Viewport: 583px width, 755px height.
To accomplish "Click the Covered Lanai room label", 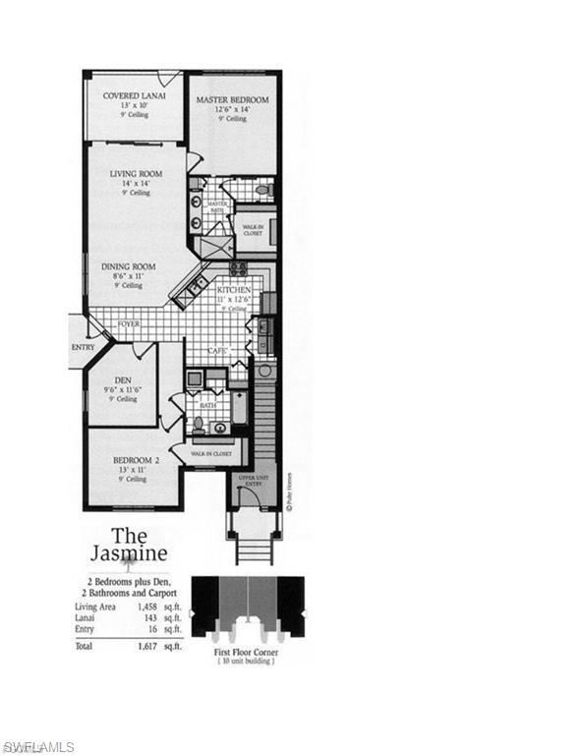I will (x=134, y=95).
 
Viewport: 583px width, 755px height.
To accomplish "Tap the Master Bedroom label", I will (x=232, y=100).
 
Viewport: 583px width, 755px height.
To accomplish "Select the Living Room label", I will (x=136, y=174).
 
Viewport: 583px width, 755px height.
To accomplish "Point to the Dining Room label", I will (x=130, y=265).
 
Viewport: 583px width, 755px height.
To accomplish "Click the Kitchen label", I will (x=234, y=292).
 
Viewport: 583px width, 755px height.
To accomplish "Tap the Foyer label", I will (x=129, y=323).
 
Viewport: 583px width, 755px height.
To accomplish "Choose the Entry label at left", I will (x=83, y=347).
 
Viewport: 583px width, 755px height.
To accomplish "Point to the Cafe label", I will (x=218, y=351).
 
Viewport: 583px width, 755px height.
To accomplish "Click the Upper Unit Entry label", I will (x=251, y=481).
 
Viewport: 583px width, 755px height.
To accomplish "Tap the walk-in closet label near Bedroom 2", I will (x=211, y=454).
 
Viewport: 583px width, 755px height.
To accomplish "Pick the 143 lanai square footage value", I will (x=158, y=617).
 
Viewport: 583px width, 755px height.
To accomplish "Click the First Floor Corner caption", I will (x=247, y=652).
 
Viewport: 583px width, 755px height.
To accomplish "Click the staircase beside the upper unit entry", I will (x=262, y=413).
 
